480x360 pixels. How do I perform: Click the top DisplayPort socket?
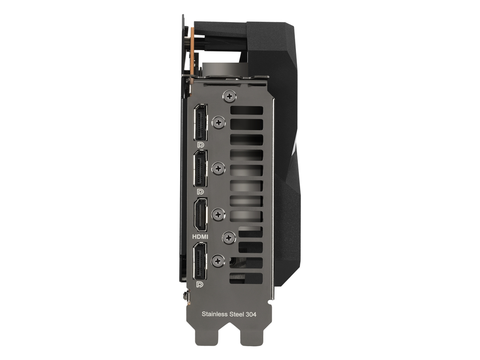(x=201, y=122)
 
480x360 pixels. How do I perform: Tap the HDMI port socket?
(x=200, y=214)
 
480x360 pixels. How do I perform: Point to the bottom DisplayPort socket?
(x=199, y=261)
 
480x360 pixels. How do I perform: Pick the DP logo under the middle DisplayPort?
(x=200, y=192)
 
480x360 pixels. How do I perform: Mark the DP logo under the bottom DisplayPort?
(x=199, y=284)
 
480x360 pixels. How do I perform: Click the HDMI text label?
(x=200, y=237)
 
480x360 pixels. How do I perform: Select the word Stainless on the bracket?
(x=215, y=314)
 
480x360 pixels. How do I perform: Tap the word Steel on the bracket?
(x=237, y=314)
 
